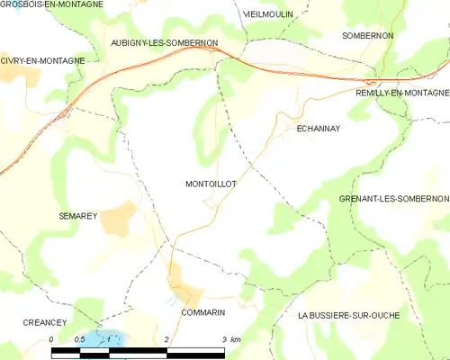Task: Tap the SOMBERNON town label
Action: click(x=367, y=35)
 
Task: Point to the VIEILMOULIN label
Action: click(x=267, y=15)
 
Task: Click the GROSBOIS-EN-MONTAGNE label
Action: click(x=51, y=4)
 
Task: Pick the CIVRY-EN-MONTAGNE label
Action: click(x=43, y=60)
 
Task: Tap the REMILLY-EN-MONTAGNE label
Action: click(x=401, y=93)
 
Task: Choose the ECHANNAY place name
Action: click(x=319, y=129)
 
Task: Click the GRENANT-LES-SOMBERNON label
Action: click(x=393, y=198)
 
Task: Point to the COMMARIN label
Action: click(x=202, y=312)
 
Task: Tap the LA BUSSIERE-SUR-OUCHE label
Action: click(x=348, y=315)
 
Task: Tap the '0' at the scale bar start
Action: click(x=52, y=339)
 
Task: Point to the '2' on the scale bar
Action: click(x=167, y=339)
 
